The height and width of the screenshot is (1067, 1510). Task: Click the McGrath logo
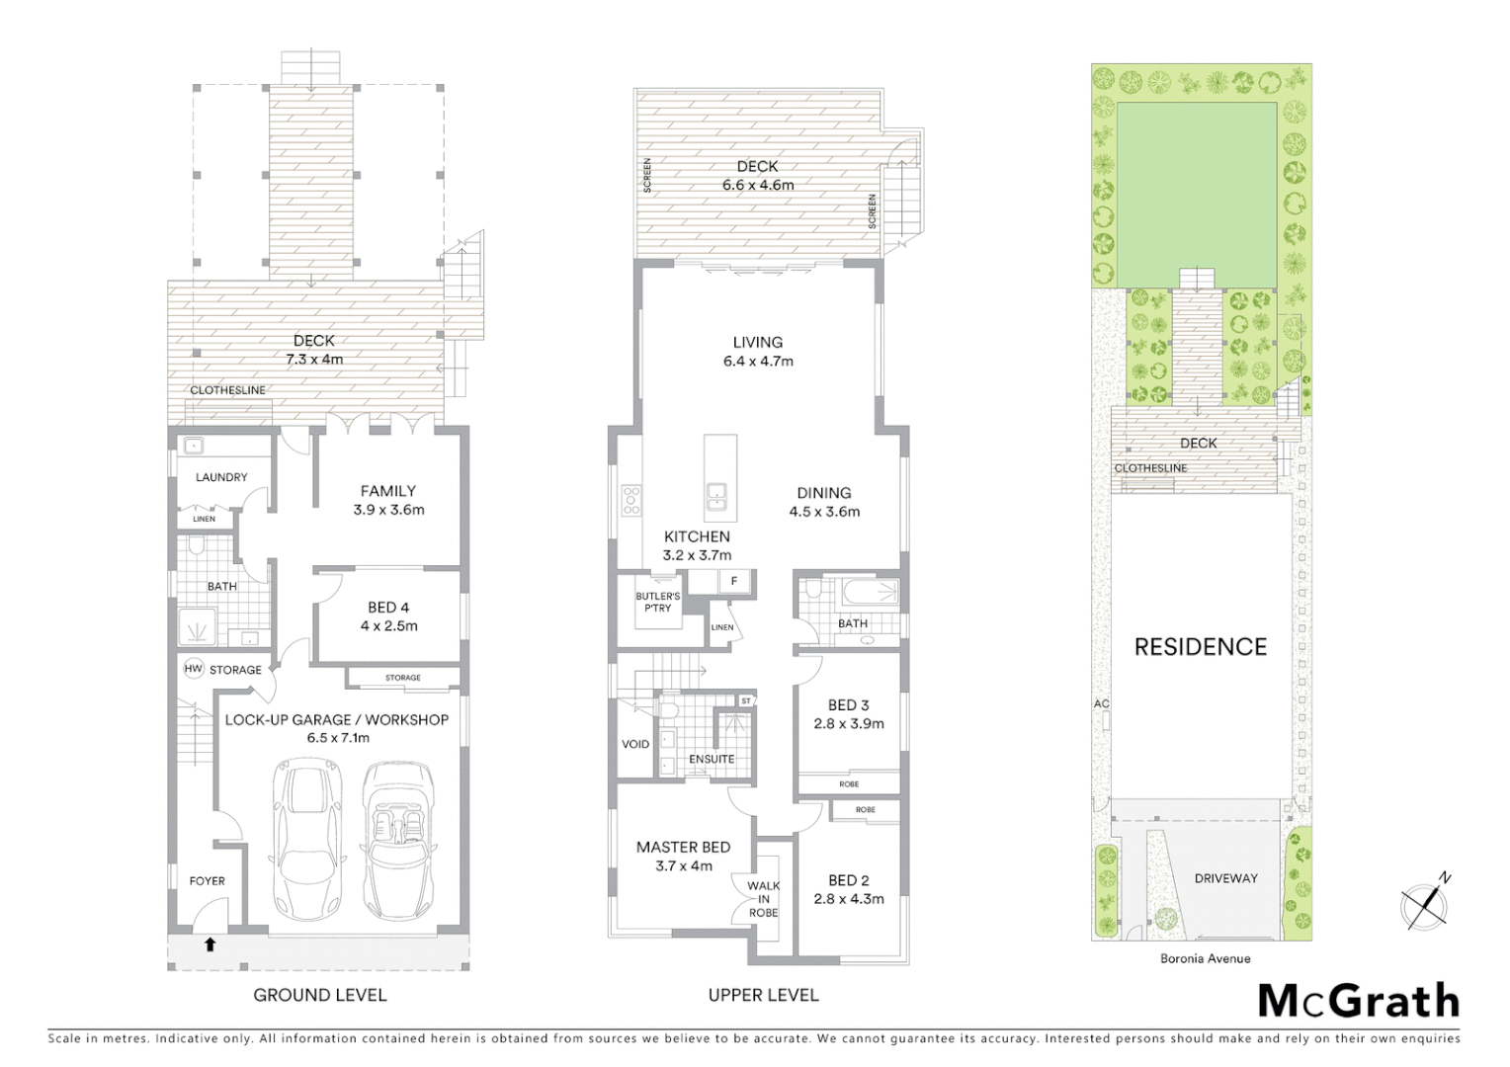tap(1359, 1001)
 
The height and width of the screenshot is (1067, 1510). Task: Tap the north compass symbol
tap(1426, 903)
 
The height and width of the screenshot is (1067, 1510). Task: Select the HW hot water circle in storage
tap(193, 669)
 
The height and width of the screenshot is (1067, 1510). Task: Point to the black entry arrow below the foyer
tap(210, 944)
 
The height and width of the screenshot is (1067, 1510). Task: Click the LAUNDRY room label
tap(221, 477)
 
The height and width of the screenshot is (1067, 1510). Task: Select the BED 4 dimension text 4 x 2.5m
tap(388, 625)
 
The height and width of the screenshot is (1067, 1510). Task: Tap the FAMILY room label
tap(388, 491)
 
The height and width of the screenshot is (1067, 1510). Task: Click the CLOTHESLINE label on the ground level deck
tap(227, 390)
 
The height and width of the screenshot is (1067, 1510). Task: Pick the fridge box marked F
tap(734, 582)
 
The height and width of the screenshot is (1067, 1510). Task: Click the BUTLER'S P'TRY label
tap(658, 602)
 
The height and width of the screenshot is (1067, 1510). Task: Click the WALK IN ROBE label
tap(763, 899)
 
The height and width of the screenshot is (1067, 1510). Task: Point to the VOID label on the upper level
tap(635, 744)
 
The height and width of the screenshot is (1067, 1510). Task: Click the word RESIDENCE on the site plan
tap(1200, 647)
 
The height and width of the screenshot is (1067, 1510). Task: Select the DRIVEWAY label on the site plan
tap(1225, 878)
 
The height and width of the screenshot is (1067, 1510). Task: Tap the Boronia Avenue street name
tap(1205, 958)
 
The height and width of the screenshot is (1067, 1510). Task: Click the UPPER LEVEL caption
tap(763, 995)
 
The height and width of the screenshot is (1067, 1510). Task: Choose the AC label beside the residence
tap(1101, 703)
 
